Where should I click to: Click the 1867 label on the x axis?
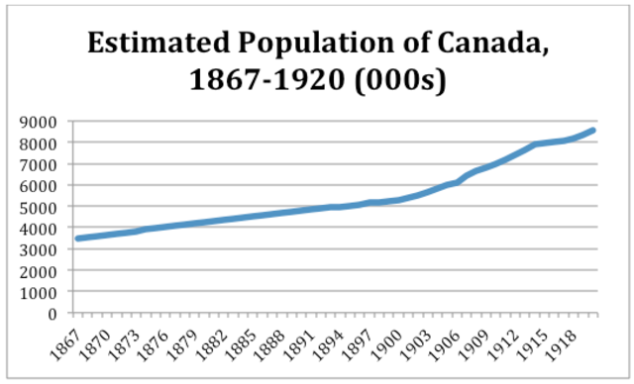coord(65,340)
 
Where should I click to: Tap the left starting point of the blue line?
coord(78,239)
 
